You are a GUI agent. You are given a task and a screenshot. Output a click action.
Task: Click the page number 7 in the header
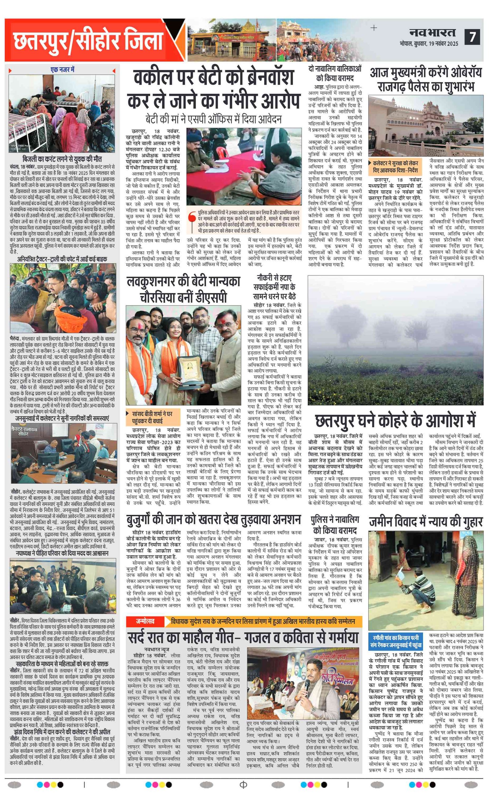click(472, 37)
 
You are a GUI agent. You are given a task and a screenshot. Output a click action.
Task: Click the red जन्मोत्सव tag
click(145, 621)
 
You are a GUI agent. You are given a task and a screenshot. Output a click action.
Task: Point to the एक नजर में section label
click(62, 70)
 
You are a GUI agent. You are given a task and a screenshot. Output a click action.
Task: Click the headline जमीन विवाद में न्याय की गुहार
click(426, 522)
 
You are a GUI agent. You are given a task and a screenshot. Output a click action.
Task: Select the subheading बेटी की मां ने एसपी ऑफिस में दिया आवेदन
click(213, 119)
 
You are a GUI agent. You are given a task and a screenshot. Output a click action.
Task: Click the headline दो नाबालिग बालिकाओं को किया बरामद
click(335, 73)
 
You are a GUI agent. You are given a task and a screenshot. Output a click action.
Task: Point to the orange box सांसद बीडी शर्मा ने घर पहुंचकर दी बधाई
click(153, 417)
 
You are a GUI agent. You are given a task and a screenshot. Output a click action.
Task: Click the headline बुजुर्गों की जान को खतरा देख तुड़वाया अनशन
click(214, 520)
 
